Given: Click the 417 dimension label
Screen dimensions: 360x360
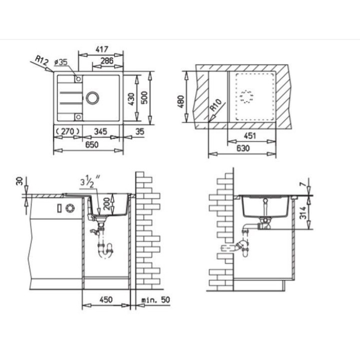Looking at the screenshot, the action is pos(101,49).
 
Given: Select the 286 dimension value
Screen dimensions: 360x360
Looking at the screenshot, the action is pos(107,60).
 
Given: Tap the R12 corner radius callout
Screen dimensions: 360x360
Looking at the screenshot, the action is pos(42,60).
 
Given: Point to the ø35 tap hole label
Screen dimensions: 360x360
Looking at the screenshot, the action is pos(61,62).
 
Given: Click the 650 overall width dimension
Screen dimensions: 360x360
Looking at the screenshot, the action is pos(92,144).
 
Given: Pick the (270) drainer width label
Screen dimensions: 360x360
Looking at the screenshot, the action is pos(68,131).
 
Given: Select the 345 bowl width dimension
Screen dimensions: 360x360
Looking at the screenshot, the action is pos(100,131).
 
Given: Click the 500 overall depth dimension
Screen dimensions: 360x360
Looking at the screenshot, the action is pos(144,97).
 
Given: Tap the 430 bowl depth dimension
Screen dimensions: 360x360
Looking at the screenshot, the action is pos(131,99).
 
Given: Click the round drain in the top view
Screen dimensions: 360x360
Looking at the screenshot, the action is pos(92,98).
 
